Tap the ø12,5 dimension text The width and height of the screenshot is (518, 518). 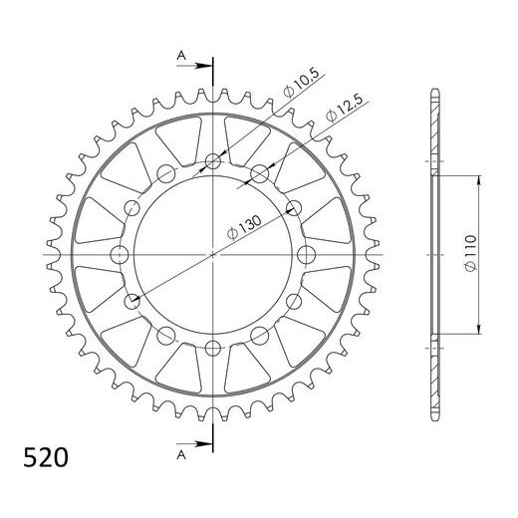pos(345,108)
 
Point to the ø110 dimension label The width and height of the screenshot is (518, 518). pos(470,253)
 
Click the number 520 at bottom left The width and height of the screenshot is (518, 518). pos(46,458)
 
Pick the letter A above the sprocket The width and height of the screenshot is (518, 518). pos(181,56)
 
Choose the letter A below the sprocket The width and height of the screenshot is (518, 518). pos(181,455)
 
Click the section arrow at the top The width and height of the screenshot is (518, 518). pos(194,66)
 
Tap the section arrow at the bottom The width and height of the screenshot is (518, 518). pos(194,444)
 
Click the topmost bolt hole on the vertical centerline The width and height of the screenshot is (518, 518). pos(213,161)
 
